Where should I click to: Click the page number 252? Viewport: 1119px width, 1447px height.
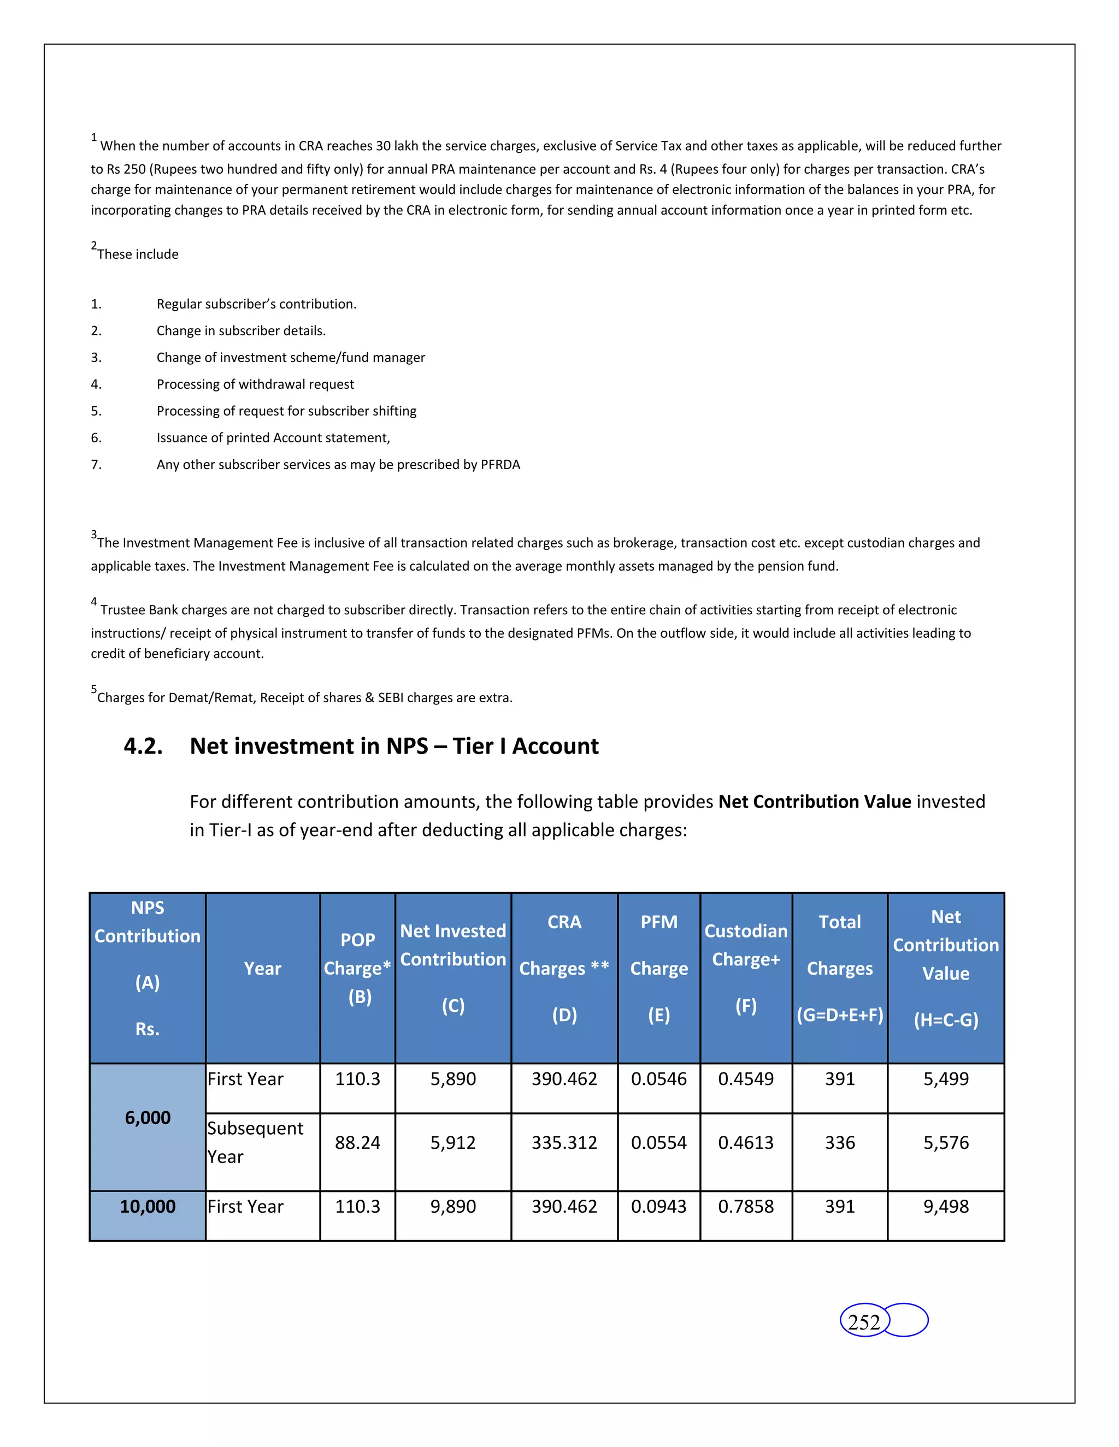[864, 1322]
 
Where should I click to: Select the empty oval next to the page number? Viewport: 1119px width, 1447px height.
[908, 1320]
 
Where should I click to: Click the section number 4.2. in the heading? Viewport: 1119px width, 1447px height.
[143, 746]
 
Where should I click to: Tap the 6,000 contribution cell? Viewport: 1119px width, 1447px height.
[148, 1118]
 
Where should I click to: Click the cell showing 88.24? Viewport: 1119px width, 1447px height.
[357, 1143]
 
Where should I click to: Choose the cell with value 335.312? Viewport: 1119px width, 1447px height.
[564, 1143]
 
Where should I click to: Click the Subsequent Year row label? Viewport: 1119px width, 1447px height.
[255, 1142]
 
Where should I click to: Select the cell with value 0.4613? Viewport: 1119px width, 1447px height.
[746, 1143]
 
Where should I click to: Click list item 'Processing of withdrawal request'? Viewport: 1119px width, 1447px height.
[255, 384]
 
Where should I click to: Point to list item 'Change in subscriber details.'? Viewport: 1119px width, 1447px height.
[242, 330]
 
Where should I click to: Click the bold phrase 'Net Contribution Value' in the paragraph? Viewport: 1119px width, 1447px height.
[815, 802]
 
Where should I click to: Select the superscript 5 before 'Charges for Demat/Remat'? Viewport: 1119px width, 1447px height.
[93, 689]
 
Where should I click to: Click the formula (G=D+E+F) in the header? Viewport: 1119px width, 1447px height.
[840, 1015]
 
